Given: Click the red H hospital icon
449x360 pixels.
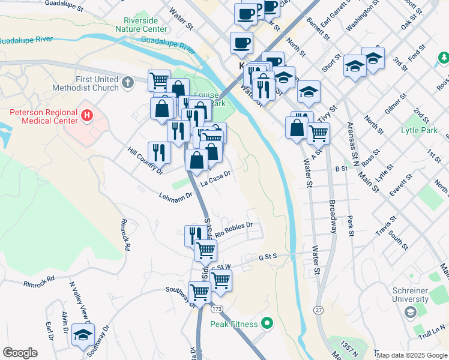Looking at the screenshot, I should coord(88,115).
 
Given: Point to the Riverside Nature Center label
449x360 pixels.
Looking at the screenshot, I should coord(145,25).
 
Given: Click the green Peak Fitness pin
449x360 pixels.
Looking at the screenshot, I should coord(267,324).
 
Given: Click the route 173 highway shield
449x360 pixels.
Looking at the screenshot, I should coord(217,308).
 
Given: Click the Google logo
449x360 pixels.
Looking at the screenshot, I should coord(20,353).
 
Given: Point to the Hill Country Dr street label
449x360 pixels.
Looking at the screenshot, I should coord(145,161).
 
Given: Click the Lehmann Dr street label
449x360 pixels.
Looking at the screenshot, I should coord(175,196).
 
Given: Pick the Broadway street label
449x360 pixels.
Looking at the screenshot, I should coord(333,217).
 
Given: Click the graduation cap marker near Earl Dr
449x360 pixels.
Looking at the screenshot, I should coord(83,335).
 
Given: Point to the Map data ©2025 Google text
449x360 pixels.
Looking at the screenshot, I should coord(412,355).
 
